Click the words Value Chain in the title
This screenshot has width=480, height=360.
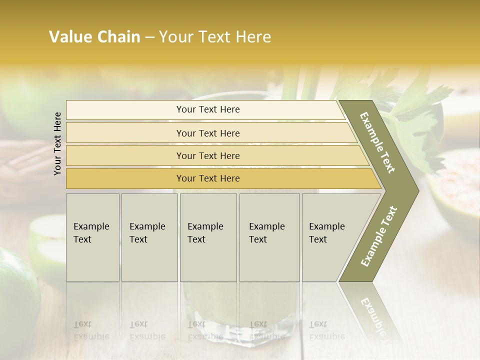click(94, 37)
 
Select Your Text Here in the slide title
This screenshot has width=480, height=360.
click(215, 37)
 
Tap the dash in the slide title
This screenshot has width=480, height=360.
click(149, 37)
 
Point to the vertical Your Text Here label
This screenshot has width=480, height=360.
click(57, 143)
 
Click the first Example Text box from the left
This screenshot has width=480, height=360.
click(92, 237)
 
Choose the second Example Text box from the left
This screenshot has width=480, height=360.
click(149, 237)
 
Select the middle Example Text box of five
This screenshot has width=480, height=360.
click(208, 237)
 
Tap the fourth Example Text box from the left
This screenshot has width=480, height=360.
click(269, 237)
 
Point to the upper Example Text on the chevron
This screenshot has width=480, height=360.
click(378, 143)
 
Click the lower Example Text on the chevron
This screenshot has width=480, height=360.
click(379, 236)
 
